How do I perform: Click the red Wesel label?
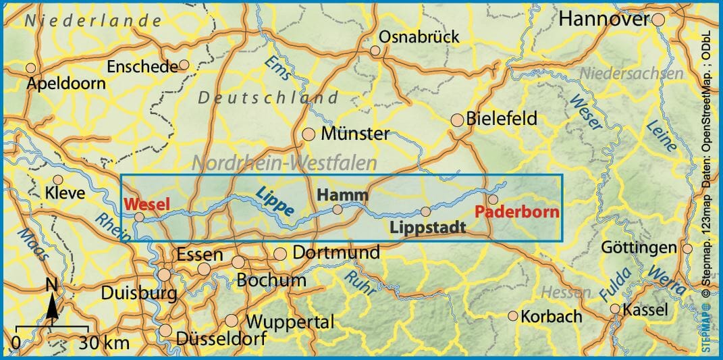click(147, 203)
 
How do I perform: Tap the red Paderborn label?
click(517, 211)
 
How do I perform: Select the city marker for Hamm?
click(338, 209)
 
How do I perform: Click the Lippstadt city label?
click(428, 227)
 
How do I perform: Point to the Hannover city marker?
click(659, 20)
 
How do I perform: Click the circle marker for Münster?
click(309, 134)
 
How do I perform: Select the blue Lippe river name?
click(275, 201)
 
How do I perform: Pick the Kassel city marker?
click(615, 309)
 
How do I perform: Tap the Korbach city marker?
click(513, 315)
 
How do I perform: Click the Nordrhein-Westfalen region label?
click(284, 163)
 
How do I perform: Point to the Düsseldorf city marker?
click(165, 330)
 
